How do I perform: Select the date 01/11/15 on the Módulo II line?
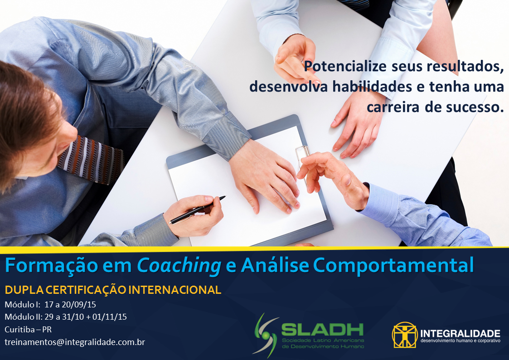[x=109, y=317]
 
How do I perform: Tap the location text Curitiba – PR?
[x=28, y=329]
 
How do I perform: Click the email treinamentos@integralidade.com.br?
[x=75, y=342]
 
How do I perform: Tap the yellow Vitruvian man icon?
[x=404, y=335]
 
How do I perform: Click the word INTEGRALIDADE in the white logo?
[x=460, y=333]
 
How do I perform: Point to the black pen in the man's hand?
[x=197, y=209]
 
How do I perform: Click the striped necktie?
[x=91, y=159]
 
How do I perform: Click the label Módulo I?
[x=21, y=304]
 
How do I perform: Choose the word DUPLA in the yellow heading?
[x=19, y=290]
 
